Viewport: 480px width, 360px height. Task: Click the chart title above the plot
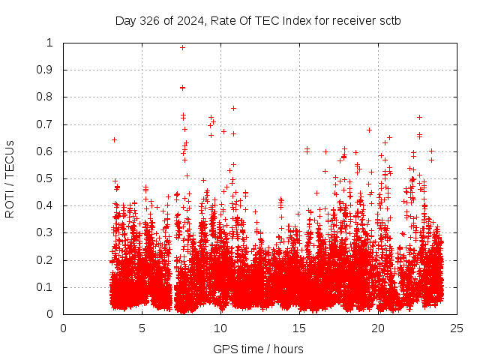pos(257,20)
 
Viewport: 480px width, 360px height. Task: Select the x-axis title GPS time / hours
pos(258,349)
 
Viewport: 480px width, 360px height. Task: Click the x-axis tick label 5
pos(142,327)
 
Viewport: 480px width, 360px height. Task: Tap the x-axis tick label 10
pos(220,327)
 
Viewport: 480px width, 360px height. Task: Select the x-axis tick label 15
pos(299,327)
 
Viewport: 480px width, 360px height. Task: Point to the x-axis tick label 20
pos(378,327)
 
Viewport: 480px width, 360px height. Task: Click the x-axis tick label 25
pos(457,327)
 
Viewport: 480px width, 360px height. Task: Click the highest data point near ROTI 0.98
pos(182,47)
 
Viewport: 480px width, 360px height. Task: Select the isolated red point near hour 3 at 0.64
pos(114,139)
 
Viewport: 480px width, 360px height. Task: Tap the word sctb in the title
pos(388,20)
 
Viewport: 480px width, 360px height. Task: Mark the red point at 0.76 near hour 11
pos(233,108)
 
